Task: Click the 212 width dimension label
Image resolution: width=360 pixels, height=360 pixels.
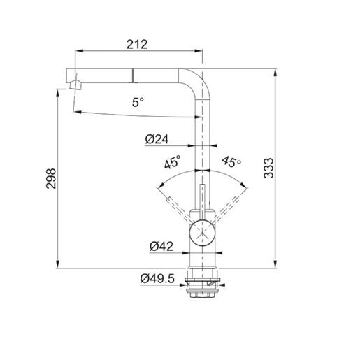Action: (138, 44)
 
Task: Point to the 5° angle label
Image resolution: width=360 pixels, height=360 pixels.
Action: (138, 102)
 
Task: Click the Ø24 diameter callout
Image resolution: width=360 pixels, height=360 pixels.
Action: (158, 139)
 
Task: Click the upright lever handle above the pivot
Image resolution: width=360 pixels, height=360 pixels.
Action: (202, 199)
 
